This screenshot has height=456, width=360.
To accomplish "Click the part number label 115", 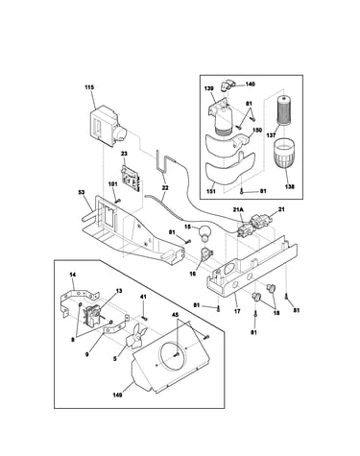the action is coord(89,87).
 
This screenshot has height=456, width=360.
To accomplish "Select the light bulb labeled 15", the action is coord(204,233).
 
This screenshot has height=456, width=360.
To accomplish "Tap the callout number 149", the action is coord(117,395).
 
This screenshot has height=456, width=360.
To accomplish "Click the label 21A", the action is coord(238,209).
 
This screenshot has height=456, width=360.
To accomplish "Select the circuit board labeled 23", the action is coord(132,178).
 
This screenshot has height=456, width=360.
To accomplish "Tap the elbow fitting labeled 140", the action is coord(226,85).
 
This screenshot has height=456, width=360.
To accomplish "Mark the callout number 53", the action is coord(82,192).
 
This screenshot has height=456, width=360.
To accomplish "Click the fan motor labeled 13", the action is coord(93,316).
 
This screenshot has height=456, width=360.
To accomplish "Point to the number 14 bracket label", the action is coord(73,275).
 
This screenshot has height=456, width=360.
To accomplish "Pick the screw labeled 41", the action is coord(144,318).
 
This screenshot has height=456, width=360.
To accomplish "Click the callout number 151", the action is coord(211,191).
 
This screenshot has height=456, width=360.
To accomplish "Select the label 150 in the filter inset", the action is coord(257,131).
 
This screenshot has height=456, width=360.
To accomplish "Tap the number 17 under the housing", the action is coord(237,311).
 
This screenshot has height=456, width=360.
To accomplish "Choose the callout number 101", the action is coord(113,184).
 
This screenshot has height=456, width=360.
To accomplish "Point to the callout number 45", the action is coord(175,315).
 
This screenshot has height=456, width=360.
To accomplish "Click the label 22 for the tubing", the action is coord(165,188).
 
